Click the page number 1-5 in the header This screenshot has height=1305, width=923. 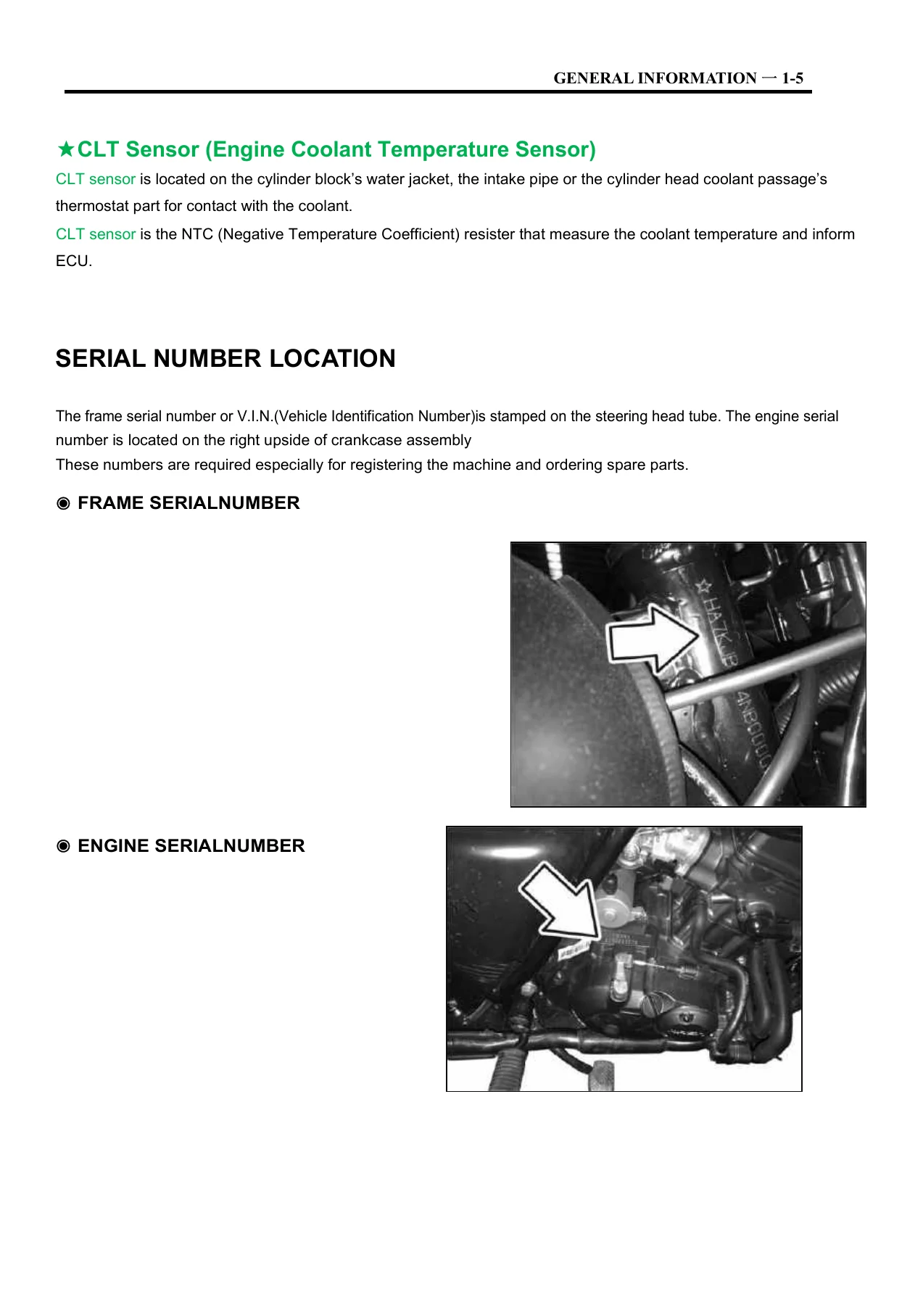point(792,78)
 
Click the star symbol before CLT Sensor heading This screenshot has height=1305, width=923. point(65,150)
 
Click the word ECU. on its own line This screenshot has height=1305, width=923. point(74,261)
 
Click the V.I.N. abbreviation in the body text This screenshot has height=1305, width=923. point(255,416)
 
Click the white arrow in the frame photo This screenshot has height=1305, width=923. point(653,636)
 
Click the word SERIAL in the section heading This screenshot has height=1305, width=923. point(101,359)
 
